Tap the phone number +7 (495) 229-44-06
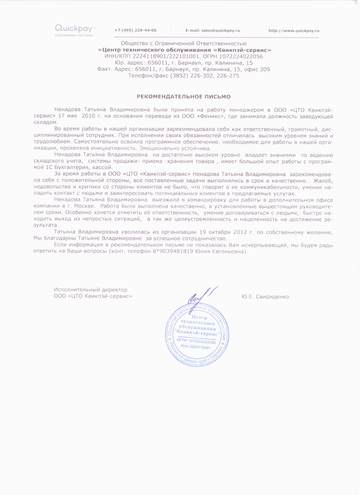click(x=135, y=30)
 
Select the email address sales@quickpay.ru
click(x=220, y=30)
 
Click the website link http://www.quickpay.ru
click(x=294, y=31)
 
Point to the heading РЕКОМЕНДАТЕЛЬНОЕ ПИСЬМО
click(x=184, y=97)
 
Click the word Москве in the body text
click(x=82, y=206)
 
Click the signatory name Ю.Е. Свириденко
click(x=265, y=297)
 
